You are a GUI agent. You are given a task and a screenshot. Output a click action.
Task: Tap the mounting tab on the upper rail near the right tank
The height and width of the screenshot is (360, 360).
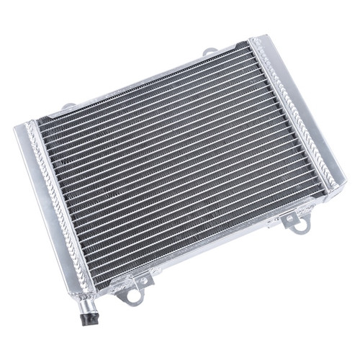210,52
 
